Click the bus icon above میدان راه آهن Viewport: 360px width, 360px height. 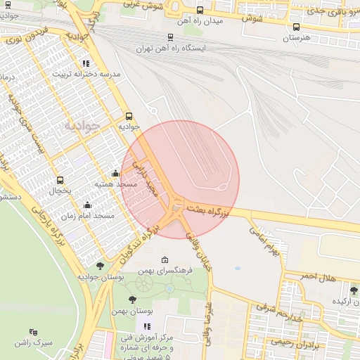200,11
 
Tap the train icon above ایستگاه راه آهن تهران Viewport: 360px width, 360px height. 171,37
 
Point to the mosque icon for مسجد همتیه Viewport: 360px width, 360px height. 115,174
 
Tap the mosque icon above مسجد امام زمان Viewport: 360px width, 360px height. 87,205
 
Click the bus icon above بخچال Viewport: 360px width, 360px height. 60,180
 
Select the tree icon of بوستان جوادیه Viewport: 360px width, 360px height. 101,265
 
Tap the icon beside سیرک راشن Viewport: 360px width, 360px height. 34,332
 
